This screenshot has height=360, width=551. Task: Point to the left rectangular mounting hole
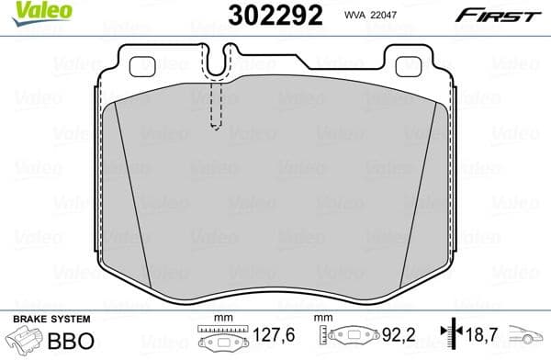(143, 66)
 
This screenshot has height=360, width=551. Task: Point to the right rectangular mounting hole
(407, 66)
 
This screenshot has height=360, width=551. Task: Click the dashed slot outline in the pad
(217, 106)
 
